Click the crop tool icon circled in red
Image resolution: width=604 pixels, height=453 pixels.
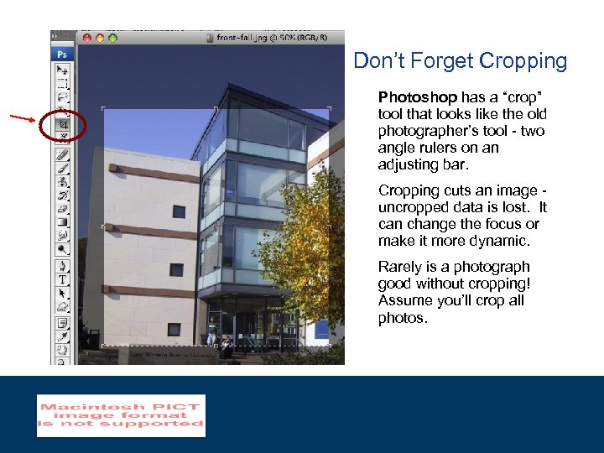[x=63, y=126]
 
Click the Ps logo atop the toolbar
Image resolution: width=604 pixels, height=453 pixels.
[x=62, y=54]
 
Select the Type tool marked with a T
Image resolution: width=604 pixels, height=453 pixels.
[x=63, y=279]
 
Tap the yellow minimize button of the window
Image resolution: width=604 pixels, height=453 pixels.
[x=100, y=38]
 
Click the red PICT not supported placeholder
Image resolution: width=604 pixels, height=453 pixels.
[x=121, y=415]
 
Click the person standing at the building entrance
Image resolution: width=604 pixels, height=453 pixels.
[x=213, y=329]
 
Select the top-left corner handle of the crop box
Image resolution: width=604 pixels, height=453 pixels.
[x=103, y=109]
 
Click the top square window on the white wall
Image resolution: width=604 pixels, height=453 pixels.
[x=179, y=211]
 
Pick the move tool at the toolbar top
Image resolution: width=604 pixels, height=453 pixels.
[x=63, y=70]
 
